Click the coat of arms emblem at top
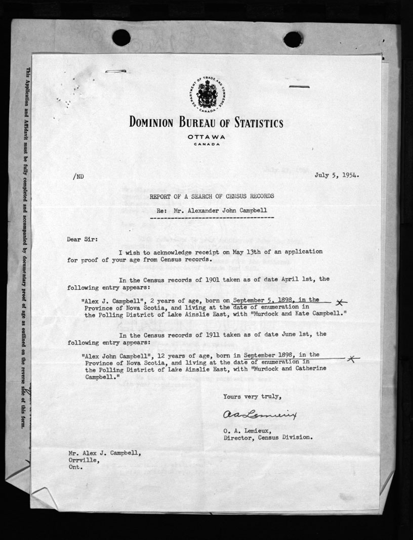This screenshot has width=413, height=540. pyautogui.click(x=206, y=94)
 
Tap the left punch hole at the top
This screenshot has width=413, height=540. pyautogui.click(x=121, y=37)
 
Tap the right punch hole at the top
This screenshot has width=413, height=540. pyautogui.click(x=293, y=39)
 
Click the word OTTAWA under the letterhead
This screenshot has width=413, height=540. pyautogui.click(x=206, y=137)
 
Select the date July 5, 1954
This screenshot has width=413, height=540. pyautogui.click(x=337, y=175)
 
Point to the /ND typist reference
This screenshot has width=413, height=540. pyautogui.click(x=78, y=176)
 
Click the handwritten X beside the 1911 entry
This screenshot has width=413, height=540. pyautogui.click(x=353, y=358)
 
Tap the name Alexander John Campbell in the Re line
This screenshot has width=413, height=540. pyautogui.click(x=225, y=209)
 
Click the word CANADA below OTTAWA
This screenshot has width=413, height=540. pyautogui.click(x=206, y=144)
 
